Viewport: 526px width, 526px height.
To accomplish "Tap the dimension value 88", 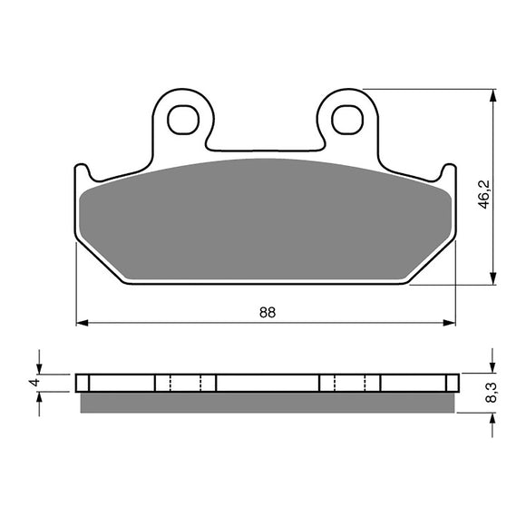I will (x=267, y=312).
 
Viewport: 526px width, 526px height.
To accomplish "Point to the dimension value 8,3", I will (x=491, y=393).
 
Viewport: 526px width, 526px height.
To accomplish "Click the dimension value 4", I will (x=34, y=383).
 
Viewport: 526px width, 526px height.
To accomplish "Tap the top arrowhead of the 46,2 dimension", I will (x=492, y=95).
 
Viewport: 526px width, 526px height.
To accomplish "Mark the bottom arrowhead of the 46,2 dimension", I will (x=492, y=278).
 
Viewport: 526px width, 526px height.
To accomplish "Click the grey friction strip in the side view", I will (x=267, y=400).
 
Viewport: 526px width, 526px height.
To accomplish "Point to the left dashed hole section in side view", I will (x=186, y=382).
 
